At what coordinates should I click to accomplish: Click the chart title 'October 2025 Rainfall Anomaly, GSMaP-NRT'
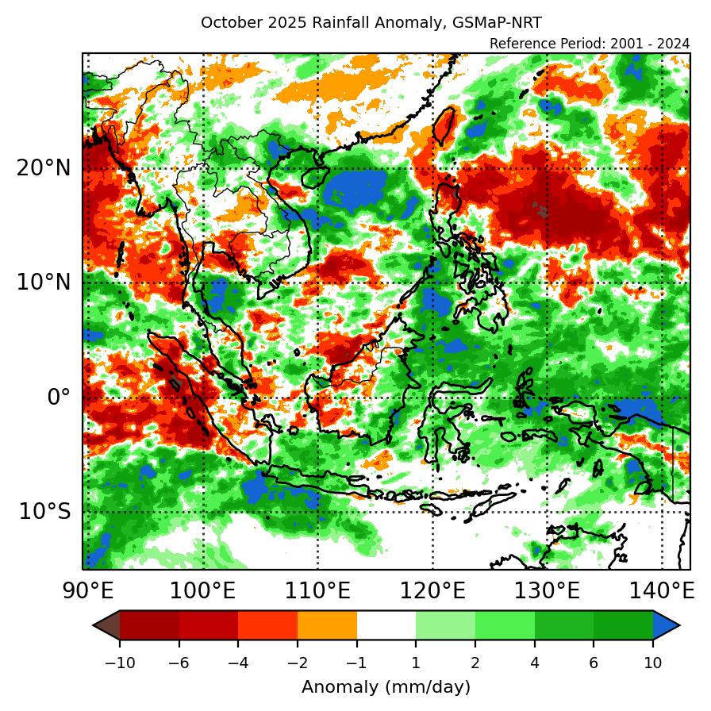tap(371, 22)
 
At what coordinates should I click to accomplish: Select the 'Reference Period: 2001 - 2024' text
tap(590, 44)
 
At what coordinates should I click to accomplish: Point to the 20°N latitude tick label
tap(43, 168)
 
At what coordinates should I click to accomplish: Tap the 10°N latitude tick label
tap(43, 282)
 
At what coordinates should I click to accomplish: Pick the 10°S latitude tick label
tap(44, 512)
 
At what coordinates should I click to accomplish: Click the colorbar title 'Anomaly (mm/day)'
tap(386, 686)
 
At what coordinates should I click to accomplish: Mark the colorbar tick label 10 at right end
tap(653, 663)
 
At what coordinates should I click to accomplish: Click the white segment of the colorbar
tap(386, 625)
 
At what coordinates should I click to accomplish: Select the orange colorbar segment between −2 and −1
tap(327, 625)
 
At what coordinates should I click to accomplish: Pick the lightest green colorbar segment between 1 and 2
tap(445, 625)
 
